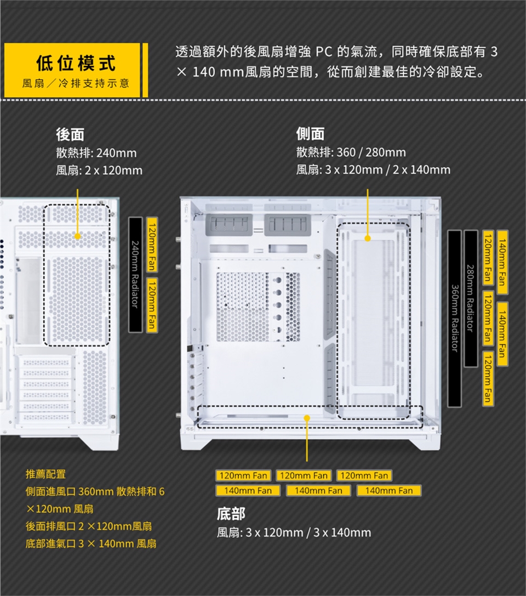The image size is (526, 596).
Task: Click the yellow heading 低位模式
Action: coord(76,63)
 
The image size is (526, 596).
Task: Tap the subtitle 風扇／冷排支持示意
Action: coord(76,84)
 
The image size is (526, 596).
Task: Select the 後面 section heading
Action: coord(70,134)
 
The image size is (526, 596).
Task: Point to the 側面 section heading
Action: coord(310,134)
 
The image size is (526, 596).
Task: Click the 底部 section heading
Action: coord(231,514)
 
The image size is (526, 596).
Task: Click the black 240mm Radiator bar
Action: coord(135,274)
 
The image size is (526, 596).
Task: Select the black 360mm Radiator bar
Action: coord(455,318)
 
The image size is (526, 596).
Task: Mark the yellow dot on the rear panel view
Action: coord(77,236)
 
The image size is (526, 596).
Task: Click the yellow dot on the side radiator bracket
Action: coord(367,238)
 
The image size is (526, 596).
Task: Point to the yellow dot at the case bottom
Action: coord(307,418)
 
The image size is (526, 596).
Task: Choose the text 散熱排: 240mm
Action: coord(96,153)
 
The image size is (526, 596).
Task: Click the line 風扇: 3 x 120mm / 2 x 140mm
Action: coord(373,170)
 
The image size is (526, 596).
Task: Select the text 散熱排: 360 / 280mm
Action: coord(351,152)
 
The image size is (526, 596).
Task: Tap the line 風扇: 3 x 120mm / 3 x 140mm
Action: coord(294,532)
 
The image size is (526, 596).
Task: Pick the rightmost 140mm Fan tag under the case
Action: coord(389,490)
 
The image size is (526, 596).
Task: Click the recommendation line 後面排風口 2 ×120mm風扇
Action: coord(89,526)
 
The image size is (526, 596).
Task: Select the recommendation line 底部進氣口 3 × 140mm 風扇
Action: coord(91,543)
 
